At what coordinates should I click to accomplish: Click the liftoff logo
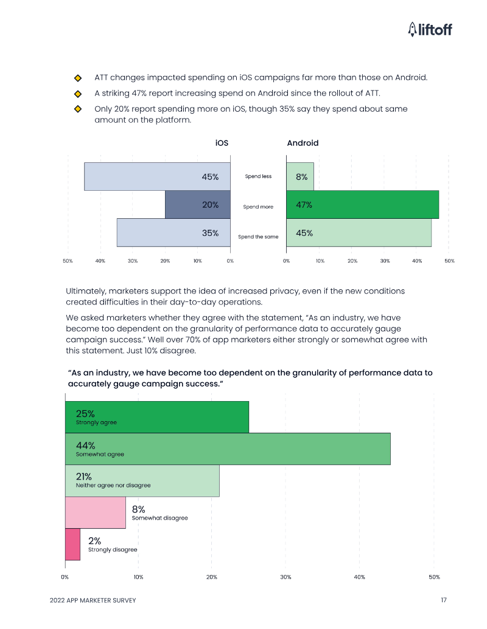(430, 29)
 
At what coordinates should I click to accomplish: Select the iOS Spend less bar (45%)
(157, 176)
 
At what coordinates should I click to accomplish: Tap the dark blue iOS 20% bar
(197, 205)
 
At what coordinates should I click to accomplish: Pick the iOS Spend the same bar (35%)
(173, 233)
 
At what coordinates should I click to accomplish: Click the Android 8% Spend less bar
(300, 176)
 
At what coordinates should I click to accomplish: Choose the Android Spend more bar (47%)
(362, 205)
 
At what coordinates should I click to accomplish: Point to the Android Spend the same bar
(359, 233)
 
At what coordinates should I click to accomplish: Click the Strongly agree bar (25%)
(156, 417)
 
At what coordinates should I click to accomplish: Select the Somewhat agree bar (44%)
(227, 449)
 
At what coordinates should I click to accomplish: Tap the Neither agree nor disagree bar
(142, 480)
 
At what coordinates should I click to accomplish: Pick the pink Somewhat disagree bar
(95, 512)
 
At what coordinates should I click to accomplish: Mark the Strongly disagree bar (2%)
(72, 544)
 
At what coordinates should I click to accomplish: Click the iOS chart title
(222, 143)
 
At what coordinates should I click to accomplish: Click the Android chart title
(303, 143)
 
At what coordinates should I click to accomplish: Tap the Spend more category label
(258, 207)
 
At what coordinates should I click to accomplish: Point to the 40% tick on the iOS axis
(100, 261)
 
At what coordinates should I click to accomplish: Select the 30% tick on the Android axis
(385, 261)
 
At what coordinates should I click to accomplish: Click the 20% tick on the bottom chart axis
(212, 577)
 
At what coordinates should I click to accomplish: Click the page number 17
(444, 600)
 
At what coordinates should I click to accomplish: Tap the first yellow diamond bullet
(78, 78)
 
